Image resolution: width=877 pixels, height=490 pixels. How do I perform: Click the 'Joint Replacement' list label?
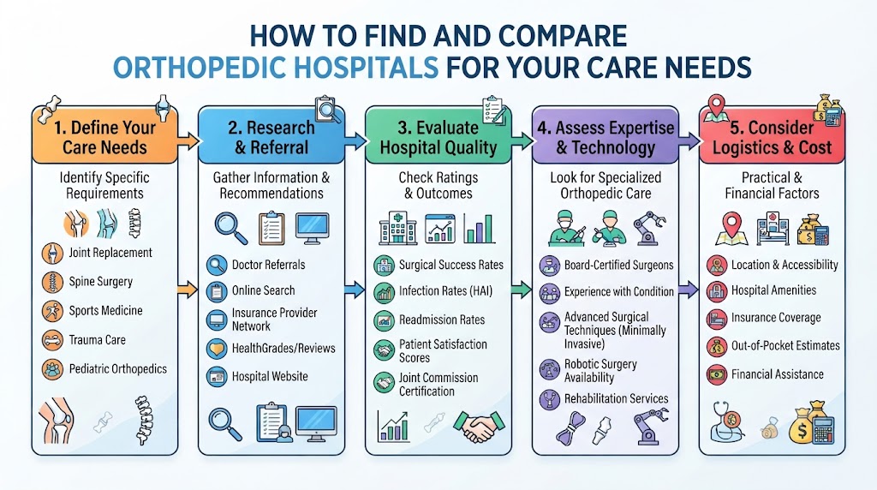click(110, 253)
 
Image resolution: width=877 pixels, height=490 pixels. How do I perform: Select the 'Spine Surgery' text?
click(101, 281)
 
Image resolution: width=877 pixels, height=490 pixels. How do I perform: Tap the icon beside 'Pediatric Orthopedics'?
click(52, 369)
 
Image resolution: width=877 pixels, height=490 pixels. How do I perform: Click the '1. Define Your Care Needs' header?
click(104, 138)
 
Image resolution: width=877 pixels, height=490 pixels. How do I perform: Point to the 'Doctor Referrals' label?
click(268, 265)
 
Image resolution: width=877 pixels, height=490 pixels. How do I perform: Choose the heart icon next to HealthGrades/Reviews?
click(217, 349)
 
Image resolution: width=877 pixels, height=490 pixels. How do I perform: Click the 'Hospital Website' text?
click(270, 376)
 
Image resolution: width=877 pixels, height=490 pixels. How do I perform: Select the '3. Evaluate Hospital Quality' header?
click(438, 138)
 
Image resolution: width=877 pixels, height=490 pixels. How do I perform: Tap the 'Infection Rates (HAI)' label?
click(445, 291)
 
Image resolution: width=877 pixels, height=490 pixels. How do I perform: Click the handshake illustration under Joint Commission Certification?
click(479, 427)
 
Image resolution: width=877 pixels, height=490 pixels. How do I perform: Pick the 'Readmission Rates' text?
click(442, 320)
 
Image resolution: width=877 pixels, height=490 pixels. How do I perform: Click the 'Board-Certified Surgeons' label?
click(618, 266)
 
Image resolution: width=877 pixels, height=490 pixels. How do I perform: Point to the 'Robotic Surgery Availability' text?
click(600, 371)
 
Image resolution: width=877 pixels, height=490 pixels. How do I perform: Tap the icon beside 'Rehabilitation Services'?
click(549, 399)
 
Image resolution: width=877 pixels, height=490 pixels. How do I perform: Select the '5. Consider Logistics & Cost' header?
click(772, 138)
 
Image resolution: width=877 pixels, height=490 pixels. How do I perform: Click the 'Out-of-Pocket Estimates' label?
click(785, 346)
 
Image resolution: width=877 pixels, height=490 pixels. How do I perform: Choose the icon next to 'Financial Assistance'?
click(717, 374)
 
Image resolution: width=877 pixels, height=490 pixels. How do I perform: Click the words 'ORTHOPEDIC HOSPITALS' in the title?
click(276, 69)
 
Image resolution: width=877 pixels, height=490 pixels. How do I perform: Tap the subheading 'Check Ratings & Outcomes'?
click(438, 185)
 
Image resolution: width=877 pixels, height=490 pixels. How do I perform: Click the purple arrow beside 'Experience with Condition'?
click(689, 290)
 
